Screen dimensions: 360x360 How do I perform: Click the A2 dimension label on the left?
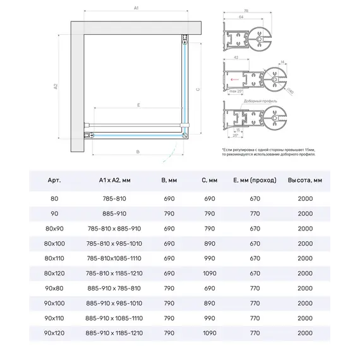56,86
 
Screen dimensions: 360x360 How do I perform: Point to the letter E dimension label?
138,105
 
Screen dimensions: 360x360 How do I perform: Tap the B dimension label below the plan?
138,152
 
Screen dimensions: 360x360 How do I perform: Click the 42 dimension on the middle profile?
234,57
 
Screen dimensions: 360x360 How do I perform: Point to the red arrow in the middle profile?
236,80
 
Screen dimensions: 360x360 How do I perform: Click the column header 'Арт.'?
54,181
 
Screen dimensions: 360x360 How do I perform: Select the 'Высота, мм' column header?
305,181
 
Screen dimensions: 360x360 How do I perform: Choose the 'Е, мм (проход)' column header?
255,181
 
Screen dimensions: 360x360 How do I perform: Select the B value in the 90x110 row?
169,317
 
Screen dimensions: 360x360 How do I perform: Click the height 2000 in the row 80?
305,198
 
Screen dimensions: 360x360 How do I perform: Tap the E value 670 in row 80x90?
255,228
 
